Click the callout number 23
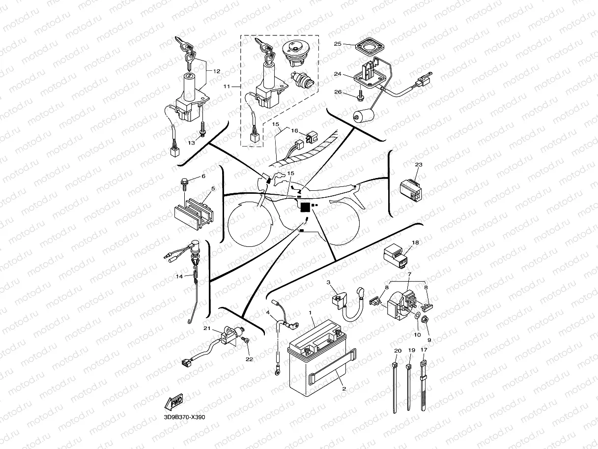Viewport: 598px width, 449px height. click(418, 165)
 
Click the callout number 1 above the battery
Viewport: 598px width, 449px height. click(310, 313)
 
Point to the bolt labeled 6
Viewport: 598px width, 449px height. click(185, 183)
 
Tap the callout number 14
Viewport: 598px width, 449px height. click(179, 277)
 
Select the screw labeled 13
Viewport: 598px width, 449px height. click(202, 133)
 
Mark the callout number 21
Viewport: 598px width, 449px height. click(207, 329)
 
